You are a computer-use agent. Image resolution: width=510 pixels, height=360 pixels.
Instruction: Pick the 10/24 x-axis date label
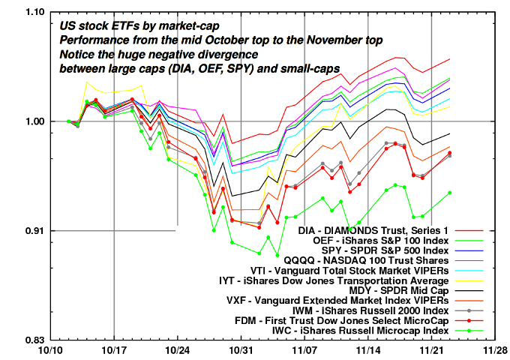177,350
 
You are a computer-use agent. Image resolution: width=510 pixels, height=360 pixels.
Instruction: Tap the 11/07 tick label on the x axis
304,350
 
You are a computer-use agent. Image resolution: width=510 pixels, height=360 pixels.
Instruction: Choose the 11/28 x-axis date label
494,350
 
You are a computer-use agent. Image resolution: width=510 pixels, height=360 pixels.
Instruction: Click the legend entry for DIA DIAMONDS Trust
361,230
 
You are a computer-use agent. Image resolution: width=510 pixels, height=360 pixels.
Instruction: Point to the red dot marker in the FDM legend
469,319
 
